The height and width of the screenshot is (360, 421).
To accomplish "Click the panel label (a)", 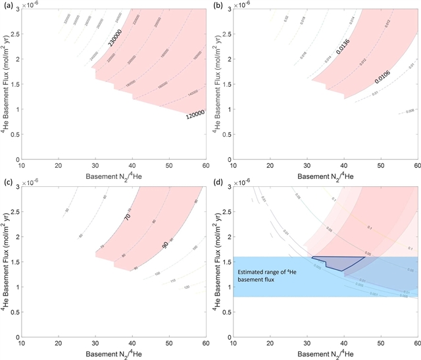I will click(7, 5).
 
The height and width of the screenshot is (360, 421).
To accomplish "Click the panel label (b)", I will click(220, 5).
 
